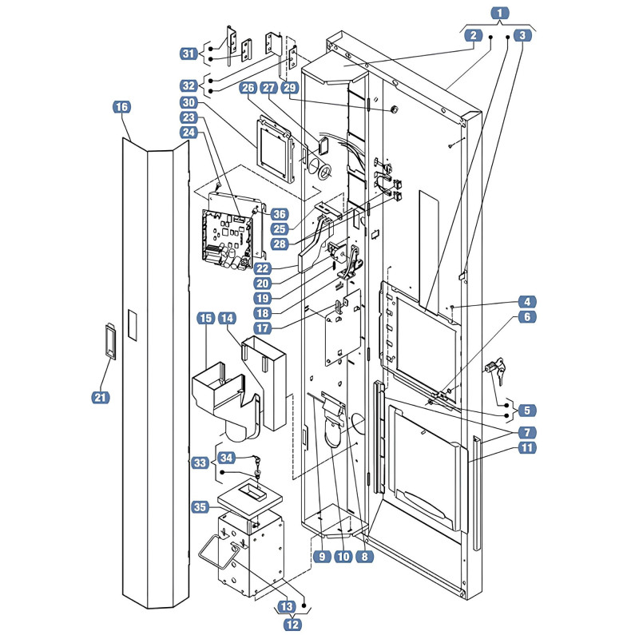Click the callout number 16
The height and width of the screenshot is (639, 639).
point(121,107)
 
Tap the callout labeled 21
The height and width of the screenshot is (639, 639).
point(101,397)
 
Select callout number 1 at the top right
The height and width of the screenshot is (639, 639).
point(500,13)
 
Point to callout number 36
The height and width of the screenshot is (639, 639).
point(279,214)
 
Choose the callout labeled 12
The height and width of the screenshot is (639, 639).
point(292,625)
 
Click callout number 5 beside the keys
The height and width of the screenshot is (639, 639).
point(527,410)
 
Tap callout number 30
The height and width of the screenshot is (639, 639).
point(189,102)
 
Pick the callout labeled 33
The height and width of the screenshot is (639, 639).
point(200,462)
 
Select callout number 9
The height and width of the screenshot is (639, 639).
point(322,556)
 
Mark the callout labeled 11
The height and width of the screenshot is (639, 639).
point(527,447)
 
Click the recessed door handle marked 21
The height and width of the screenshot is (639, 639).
point(110,342)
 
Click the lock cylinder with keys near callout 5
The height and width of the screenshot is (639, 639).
point(495,369)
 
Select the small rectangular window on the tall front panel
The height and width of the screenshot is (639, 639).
point(132,325)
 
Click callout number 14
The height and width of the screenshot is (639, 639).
point(228,318)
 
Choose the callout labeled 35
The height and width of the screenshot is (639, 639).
point(200,507)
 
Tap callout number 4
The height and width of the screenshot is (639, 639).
point(527,302)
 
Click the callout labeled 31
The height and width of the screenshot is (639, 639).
point(189,54)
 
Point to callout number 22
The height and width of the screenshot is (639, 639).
point(263,268)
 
